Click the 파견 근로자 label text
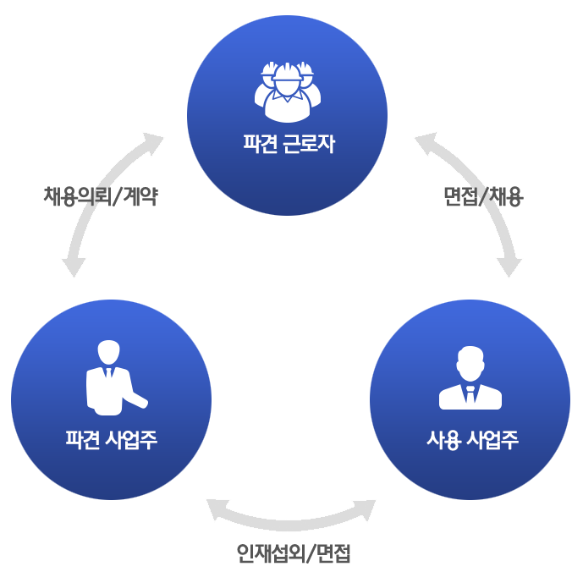[x=288, y=144]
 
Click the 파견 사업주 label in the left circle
[x=111, y=440]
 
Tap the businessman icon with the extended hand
[x=113, y=377]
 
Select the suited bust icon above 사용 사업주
[x=470, y=378]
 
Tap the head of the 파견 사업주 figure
[x=109, y=351]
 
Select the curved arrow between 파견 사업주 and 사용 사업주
[x=291, y=518]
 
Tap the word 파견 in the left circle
[x=83, y=440]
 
